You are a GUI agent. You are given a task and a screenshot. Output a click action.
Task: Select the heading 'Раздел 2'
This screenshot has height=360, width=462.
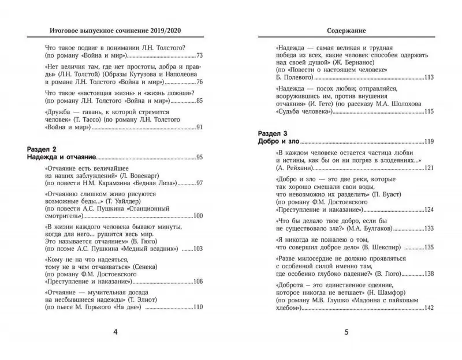[44, 149]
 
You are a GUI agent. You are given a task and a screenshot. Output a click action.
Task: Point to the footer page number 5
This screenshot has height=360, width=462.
[345, 332]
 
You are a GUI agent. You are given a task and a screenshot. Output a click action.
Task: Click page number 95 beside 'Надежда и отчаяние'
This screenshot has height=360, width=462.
[199, 157]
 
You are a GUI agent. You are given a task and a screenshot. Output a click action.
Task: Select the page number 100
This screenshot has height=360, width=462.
[197, 216]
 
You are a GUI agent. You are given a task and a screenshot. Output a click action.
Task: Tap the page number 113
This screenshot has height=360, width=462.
[428, 77]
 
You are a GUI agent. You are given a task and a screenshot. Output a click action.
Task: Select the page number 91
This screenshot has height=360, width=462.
[200, 127]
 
